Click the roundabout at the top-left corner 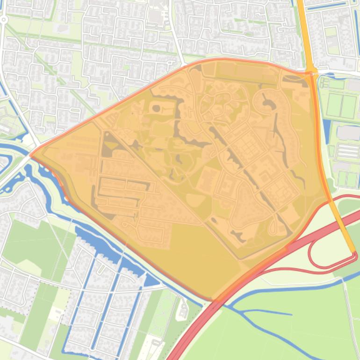coord(3,20)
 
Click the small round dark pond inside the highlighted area coord(156,108)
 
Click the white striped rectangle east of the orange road coord(346,151)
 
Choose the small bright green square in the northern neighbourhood coord(331,32)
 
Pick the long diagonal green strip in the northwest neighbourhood coord(51,70)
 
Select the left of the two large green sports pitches coord(334,105)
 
